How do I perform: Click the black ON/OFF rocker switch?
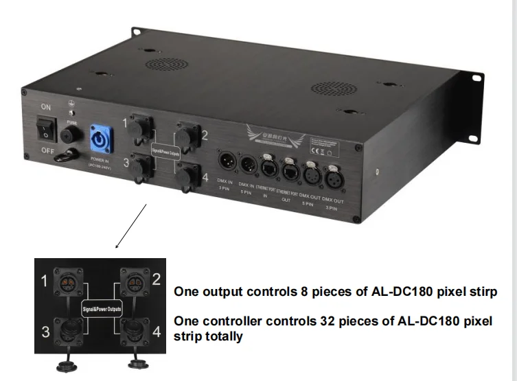pyautogui.click(x=47, y=128)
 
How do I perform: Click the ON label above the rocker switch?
pyautogui.click(x=46, y=107)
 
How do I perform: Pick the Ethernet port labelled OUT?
pyautogui.click(x=290, y=170)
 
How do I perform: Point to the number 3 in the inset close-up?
pyautogui.click(x=46, y=332)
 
